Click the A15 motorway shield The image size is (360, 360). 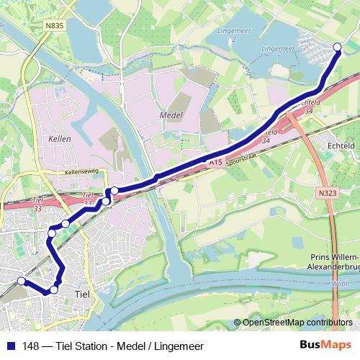pyautogui.click(x=215, y=163)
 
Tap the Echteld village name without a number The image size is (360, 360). pyautogui.click(x=341, y=145)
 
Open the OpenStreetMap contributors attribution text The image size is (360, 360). pyautogui.click(x=297, y=323)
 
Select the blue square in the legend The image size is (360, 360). pyautogui.click(x=10, y=346)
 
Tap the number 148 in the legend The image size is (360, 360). pyautogui.click(x=29, y=346)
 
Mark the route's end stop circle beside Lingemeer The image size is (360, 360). pyautogui.click(x=338, y=48)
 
